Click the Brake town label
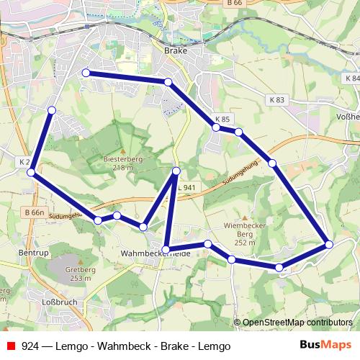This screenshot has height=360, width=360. (175, 50)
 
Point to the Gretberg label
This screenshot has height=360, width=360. (81, 274)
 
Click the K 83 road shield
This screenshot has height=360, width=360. (278, 100)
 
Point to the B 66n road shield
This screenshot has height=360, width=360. (33, 213)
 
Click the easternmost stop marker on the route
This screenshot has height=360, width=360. (329, 245)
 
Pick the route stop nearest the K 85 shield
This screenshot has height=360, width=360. (216, 127)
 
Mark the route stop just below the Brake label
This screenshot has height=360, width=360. (168, 83)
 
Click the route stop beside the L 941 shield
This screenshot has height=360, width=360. (176, 171)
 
